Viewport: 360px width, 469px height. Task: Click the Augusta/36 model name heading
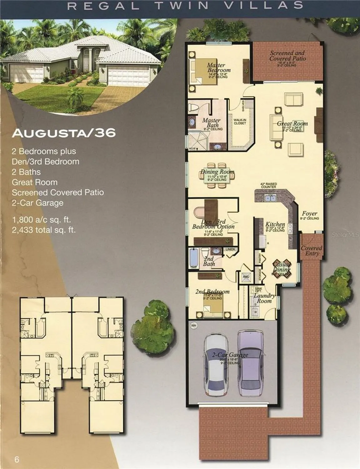click(64, 133)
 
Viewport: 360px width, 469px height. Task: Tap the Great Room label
click(292, 124)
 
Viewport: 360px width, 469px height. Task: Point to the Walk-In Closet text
click(240, 122)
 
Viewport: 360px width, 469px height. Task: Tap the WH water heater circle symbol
click(194, 325)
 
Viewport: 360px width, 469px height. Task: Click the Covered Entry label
click(311, 250)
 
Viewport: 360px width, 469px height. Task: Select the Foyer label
click(309, 214)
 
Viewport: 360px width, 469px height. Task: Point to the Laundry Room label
click(264, 298)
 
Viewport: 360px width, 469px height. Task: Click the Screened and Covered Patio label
click(287, 56)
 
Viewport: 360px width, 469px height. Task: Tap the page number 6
click(17, 459)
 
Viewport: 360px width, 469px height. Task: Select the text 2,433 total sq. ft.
click(44, 230)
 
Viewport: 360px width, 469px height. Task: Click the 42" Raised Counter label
click(268, 185)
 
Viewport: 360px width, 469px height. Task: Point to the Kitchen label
click(275, 224)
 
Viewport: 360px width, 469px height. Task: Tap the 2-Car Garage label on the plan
click(230, 355)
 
